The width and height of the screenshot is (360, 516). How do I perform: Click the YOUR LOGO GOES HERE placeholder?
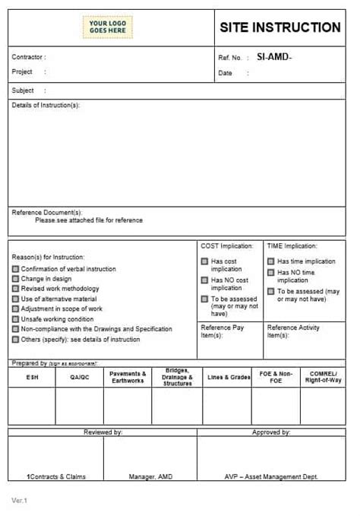tap(106, 27)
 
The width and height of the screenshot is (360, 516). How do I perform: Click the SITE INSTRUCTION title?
tap(280, 27)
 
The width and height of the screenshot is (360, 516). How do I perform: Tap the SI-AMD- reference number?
tap(273, 57)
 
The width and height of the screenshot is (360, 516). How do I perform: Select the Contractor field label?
tap(29, 57)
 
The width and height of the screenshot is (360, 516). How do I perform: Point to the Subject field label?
tap(23, 90)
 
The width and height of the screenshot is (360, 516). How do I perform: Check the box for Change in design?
tap(15, 279)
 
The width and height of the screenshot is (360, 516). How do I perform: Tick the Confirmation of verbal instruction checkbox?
tap(15, 269)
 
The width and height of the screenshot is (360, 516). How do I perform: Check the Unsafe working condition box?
tap(15, 319)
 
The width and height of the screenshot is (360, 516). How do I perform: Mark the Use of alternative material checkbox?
tap(15, 299)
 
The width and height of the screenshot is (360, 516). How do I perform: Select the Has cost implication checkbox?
tap(204, 261)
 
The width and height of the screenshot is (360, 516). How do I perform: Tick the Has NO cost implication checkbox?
tap(204, 280)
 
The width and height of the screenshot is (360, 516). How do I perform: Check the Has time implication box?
tap(270, 261)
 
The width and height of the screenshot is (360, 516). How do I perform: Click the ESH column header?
tap(32, 377)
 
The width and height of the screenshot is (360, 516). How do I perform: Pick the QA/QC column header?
tap(80, 377)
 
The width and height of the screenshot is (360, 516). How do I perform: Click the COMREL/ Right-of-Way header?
tap(323, 377)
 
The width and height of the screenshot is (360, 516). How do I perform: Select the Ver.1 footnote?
tap(19, 500)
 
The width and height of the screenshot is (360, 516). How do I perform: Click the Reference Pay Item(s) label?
tap(223, 331)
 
